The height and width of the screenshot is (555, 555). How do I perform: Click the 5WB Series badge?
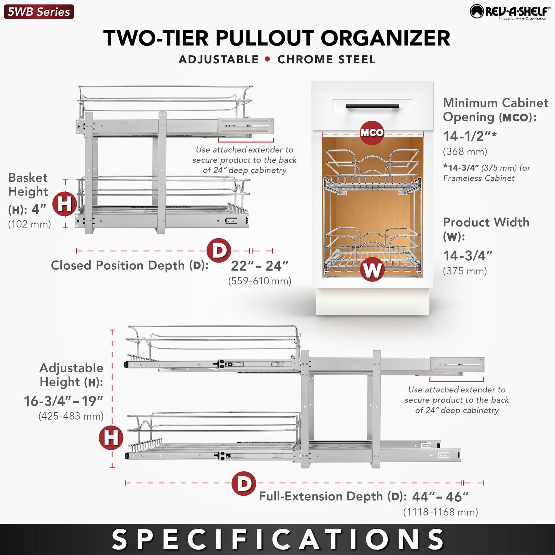pos(39,12)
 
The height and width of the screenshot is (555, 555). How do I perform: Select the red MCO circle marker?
pos(372,133)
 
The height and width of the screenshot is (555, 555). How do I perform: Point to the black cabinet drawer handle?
pos(372,106)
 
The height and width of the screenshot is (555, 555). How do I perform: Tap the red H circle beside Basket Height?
pos(65,204)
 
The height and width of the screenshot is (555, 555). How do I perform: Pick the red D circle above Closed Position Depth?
pos(219,251)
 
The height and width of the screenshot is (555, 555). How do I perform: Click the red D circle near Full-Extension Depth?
pos(244,483)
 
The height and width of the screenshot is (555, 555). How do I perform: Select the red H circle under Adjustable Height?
pos(111,438)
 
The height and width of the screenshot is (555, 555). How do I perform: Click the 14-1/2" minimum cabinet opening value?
pos(470,137)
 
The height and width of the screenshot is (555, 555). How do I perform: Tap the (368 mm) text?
pos(465,152)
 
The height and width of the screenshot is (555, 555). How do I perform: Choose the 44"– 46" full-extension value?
pos(440,497)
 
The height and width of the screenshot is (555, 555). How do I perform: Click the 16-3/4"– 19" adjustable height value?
pos(64,401)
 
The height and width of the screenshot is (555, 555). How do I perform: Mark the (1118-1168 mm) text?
pos(440,512)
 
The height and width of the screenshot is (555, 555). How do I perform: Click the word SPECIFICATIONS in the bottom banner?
pos(277,539)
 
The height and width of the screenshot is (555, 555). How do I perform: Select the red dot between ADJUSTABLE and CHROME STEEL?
pos(268,59)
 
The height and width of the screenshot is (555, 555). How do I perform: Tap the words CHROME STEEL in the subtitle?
pos(326,59)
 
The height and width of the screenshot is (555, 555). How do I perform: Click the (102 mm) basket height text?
pos(30,224)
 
